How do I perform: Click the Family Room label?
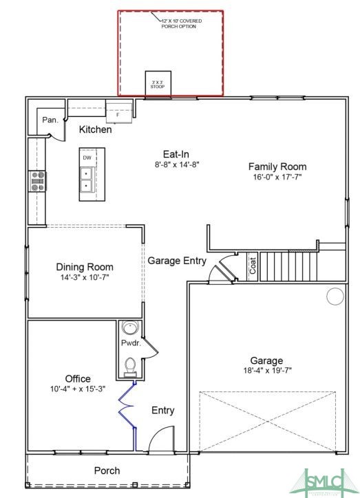tap(277, 166)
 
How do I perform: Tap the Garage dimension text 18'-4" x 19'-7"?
tap(266, 371)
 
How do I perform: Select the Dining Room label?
tap(85, 267)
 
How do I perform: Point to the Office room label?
tap(78, 378)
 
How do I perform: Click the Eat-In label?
tap(176, 154)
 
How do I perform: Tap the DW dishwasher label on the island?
tap(87, 158)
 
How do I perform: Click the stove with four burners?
tap(37, 181)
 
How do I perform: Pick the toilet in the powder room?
tap(129, 365)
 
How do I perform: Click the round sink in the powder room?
tap(129, 328)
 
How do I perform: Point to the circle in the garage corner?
tap(335, 296)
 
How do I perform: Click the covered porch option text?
tap(182, 23)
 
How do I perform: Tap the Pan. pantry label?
tap(50, 120)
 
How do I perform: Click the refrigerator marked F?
tap(118, 111)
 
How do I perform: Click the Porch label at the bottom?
tap(107, 470)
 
